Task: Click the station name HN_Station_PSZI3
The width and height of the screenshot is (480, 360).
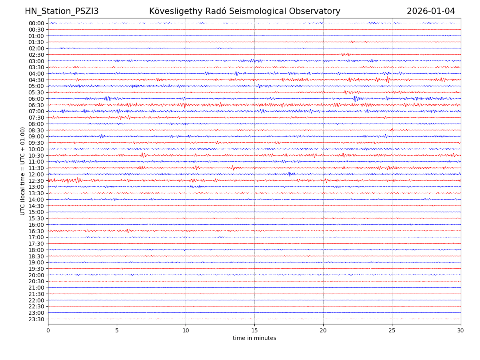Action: click(x=62, y=12)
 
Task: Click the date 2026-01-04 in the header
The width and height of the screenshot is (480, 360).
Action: click(x=431, y=12)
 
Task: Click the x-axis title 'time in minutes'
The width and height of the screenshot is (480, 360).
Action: click(x=254, y=338)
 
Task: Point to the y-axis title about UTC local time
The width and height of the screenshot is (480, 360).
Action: click(x=23, y=171)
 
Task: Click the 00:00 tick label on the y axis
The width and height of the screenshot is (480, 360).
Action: click(x=36, y=23)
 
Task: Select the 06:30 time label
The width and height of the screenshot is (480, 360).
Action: click(x=36, y=105)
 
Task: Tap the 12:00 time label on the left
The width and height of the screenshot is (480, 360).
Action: click(x=36, y=174)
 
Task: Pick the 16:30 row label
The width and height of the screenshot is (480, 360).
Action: click(x=36, y=231)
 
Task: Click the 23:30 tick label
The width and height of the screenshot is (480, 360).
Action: click(x=36, y=319)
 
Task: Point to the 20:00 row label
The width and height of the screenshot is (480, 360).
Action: click(x=36, y=275)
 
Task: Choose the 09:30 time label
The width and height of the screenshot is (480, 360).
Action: click(x=36, y=143)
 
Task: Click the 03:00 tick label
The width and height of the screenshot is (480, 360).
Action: click(x=36, y=61)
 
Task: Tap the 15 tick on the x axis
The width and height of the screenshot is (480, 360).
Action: click(x=254, y=330)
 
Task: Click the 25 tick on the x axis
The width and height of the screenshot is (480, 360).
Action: click(x=392, y=330)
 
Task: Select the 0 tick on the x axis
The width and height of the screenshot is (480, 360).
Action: click(x=48, y=330)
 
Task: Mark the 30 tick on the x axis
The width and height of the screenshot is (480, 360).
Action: click(x=461, y=330)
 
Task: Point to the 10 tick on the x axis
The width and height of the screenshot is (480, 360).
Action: click(x=186, y=330)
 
